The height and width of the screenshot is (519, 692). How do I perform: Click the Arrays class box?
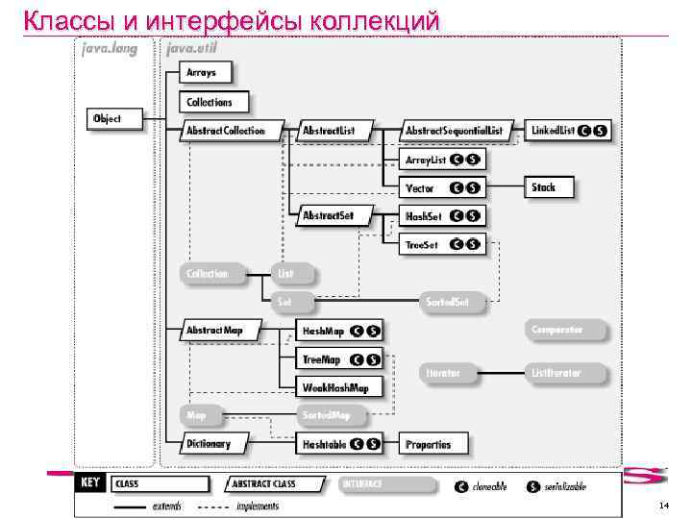point(202,73)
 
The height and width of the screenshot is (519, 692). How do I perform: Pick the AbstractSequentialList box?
point(454,130)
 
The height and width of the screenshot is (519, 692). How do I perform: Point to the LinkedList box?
point(553,130)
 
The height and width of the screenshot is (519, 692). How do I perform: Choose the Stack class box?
point(544,187)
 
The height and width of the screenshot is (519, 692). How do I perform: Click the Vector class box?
point(420,188)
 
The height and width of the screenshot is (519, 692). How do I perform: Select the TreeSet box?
point(422,245)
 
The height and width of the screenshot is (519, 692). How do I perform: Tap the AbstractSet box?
point(329,215)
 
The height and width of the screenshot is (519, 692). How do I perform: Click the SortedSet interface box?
point(449,302)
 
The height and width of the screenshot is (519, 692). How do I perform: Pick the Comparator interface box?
point(557,330)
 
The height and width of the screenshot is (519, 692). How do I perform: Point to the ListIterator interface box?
point(558,371)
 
